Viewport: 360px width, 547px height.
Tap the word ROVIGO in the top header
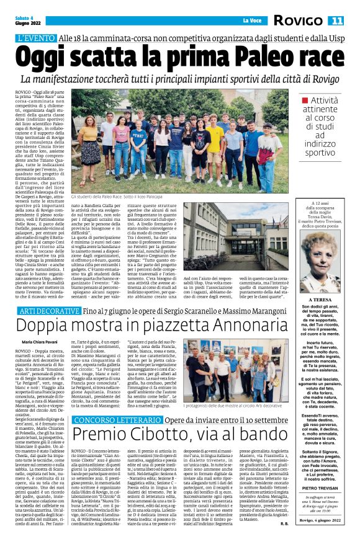[299, 21]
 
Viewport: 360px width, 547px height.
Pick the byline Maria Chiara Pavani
[38, 342]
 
